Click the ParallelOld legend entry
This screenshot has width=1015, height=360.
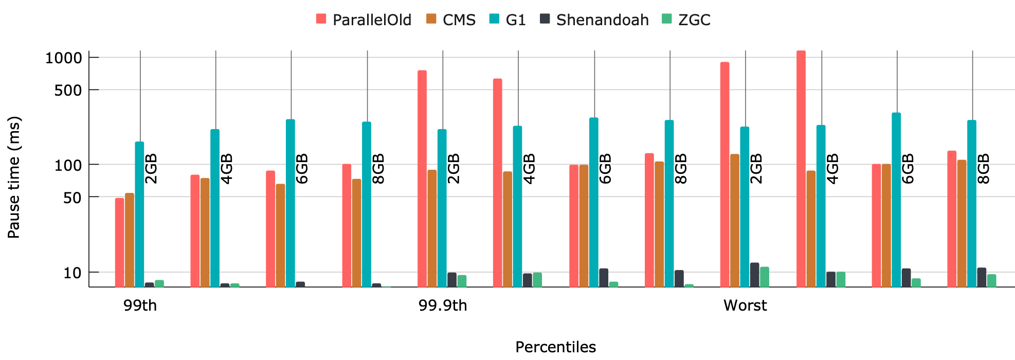point(364,20)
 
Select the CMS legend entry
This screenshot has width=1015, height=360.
point(451,20)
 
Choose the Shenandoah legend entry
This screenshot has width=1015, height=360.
point(594,20)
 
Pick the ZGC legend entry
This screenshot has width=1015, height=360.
point(686,20)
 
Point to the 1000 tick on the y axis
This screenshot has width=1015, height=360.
point(64,58)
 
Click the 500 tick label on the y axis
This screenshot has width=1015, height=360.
point(68,91)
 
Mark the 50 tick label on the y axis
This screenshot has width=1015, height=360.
point(72,197)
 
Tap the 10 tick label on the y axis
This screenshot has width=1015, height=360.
point(72,273)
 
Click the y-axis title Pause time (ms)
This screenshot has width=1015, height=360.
point(14,177)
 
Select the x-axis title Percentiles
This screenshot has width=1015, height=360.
point(555,347)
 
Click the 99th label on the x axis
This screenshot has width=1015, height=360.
point(140,305)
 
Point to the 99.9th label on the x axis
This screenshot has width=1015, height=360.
point(443,305)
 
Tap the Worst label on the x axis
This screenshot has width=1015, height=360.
point(745,305)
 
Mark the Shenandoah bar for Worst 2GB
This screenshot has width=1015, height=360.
point(755,275)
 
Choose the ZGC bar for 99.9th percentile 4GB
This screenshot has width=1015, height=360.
point(537,280)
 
